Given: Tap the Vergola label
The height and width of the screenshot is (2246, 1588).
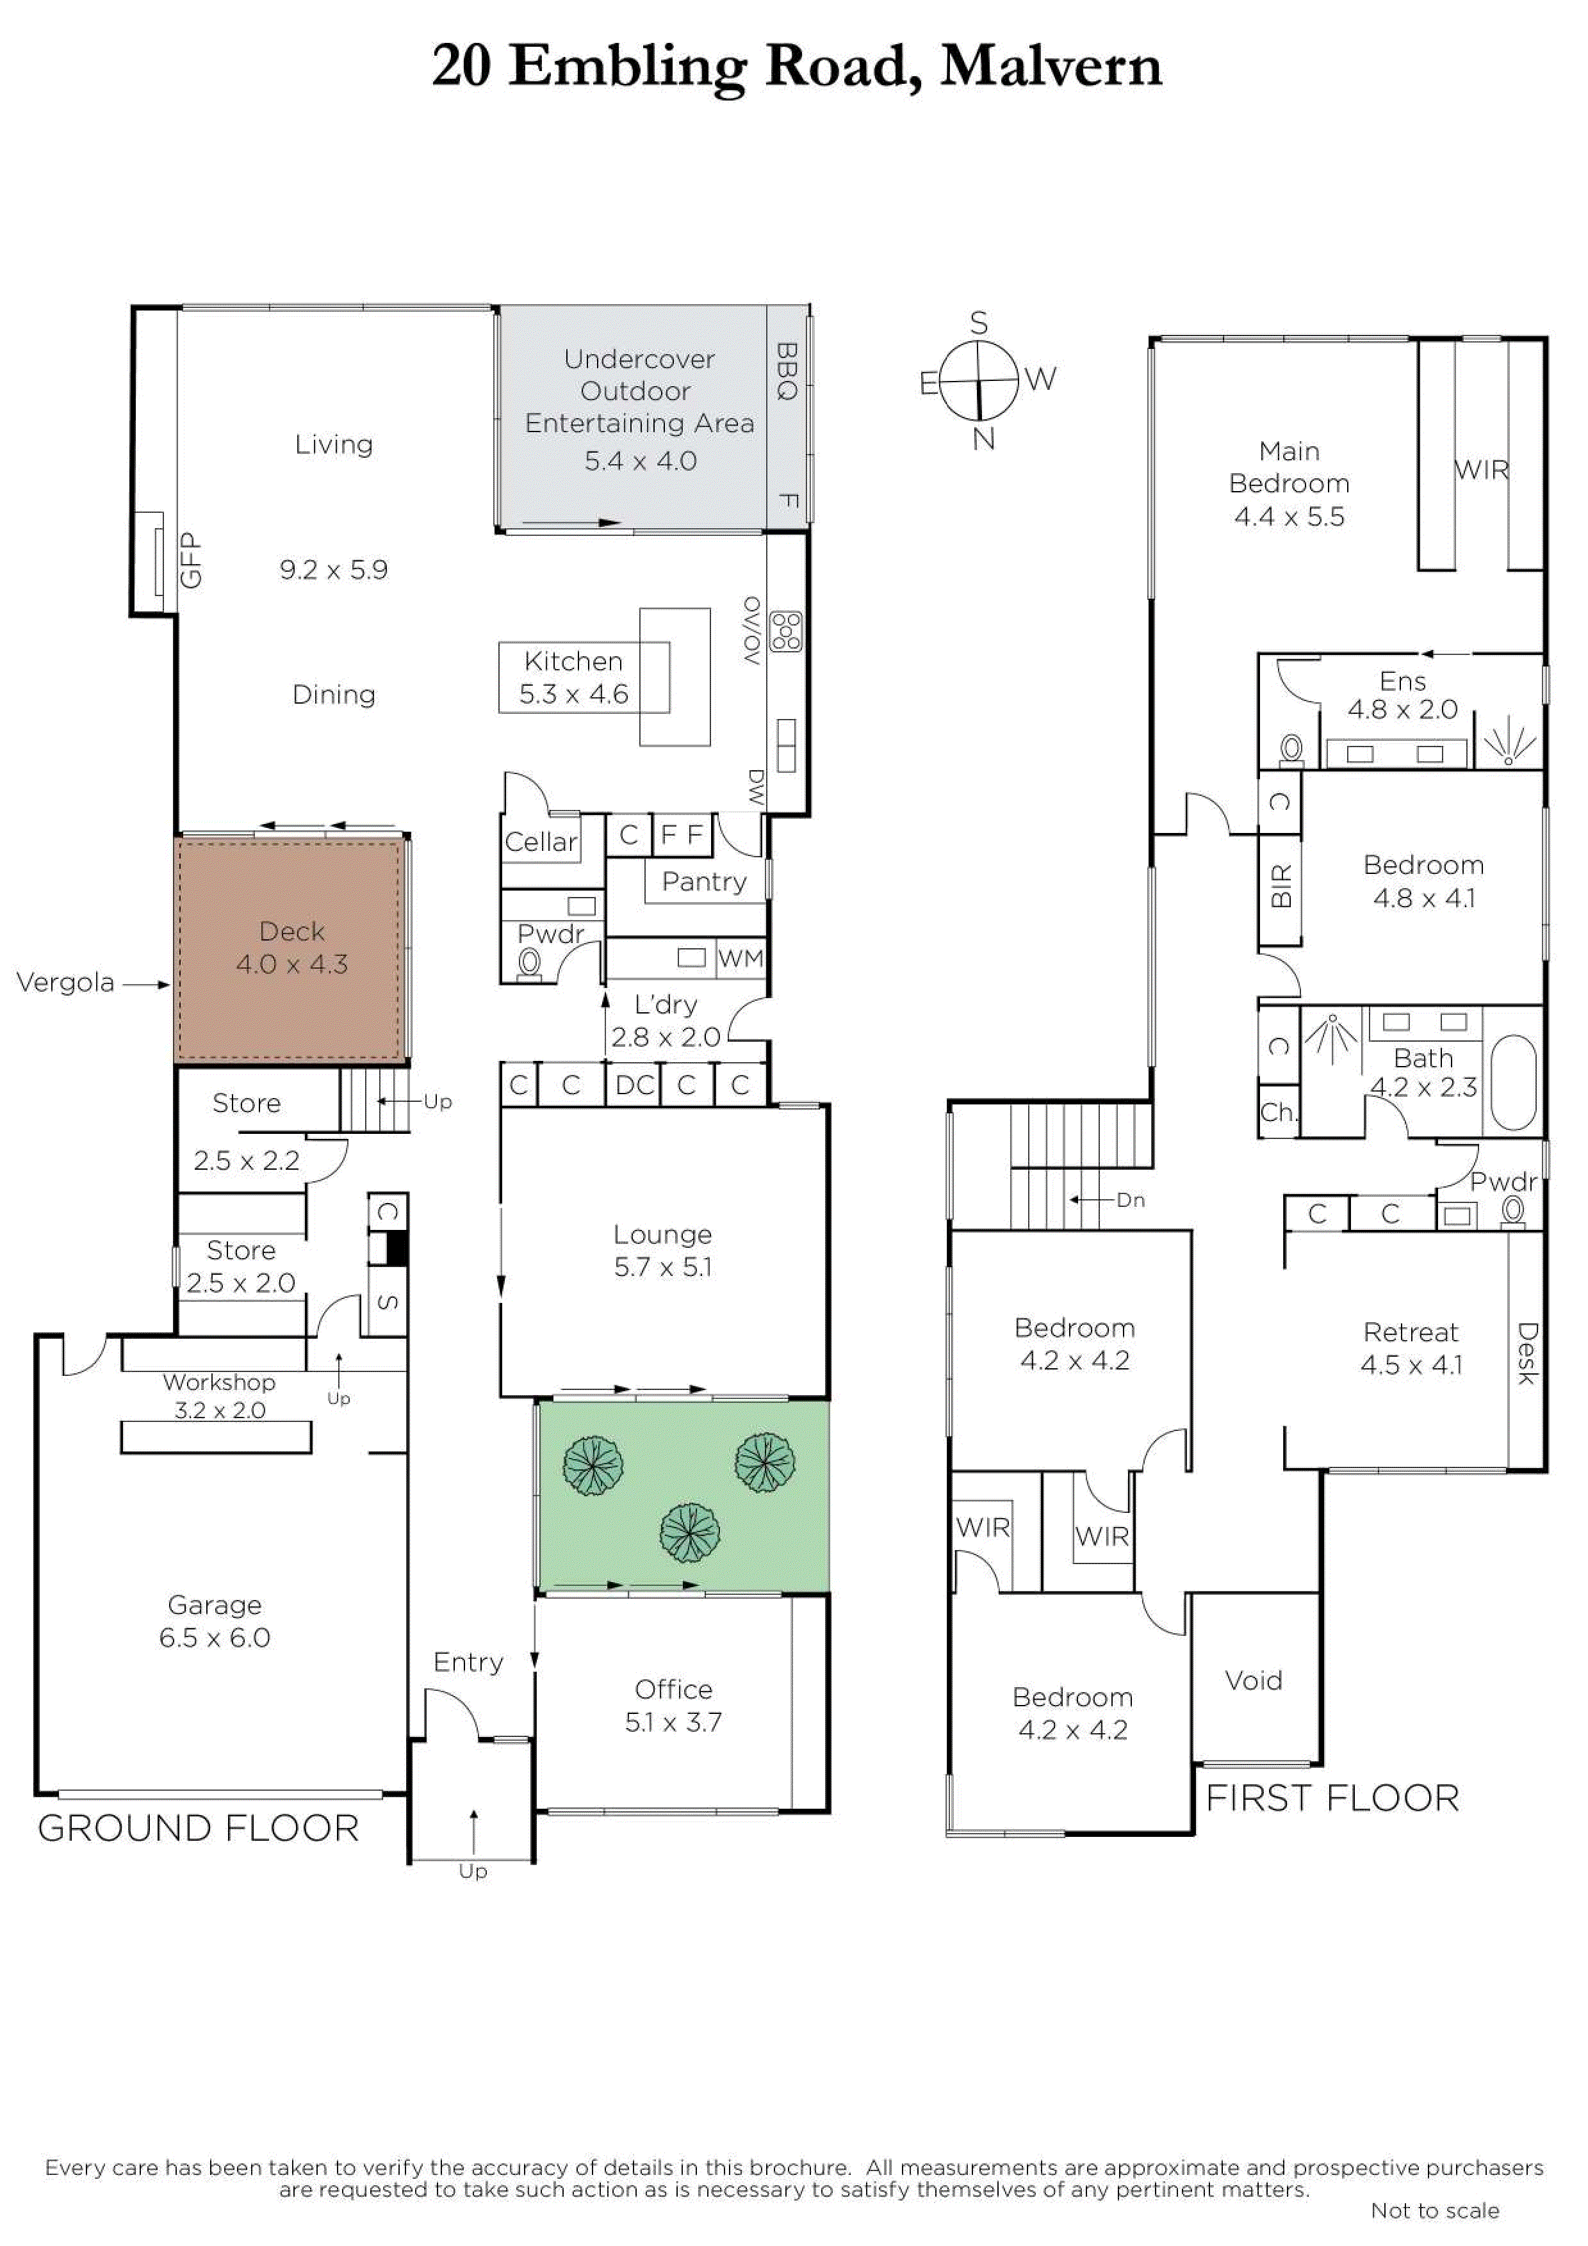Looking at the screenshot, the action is click(x=65, y=982).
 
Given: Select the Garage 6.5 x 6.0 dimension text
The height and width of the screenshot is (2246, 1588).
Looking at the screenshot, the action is click(x=215, y=1638).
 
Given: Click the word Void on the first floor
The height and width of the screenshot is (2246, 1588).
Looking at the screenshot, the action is click(x=1254, y=1681).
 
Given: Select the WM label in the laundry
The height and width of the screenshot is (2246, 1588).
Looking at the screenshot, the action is click(x=741, y=958).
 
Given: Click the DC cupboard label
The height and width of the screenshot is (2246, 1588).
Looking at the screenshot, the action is click(x=634, y=1085).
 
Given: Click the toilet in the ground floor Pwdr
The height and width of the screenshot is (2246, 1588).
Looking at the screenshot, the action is click(x=529, y=964).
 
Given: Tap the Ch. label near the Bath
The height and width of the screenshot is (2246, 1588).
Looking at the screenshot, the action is click(x=1279, y=1112).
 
